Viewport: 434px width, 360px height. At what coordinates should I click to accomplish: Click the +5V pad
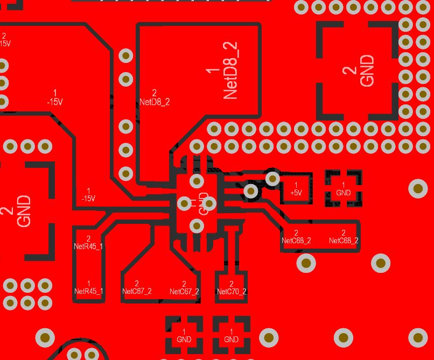[x=296, y=188]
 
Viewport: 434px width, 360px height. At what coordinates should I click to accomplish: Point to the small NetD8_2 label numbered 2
[x=154, y=98]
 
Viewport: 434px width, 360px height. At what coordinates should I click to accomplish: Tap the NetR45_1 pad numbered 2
[x=88, y=243]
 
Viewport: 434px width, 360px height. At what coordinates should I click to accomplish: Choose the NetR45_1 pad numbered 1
[x=88, y=287]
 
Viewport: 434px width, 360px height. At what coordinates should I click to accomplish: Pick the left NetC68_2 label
[x=296, y=237]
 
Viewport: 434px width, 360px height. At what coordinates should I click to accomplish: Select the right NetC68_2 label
[x=344, y=237]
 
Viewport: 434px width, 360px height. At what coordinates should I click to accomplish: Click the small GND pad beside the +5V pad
[x=343, y=188]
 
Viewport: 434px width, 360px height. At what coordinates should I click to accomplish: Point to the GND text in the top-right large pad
[x=367, y=70]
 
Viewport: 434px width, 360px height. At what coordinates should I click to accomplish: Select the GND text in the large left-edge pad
[x=24, y=211]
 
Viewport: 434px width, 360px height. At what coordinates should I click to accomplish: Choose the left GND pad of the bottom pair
[x=184, y=336]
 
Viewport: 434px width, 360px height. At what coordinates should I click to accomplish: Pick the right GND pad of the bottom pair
[x=231, y=336]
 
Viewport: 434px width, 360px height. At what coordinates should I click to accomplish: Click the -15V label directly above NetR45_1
[x=88, y=195]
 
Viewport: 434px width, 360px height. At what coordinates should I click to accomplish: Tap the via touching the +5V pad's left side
[x=272, y=178]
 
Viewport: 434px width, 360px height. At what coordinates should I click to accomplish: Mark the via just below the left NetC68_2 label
[x=306, y=263]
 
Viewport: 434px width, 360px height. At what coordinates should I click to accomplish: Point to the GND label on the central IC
[x=203, y=203]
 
